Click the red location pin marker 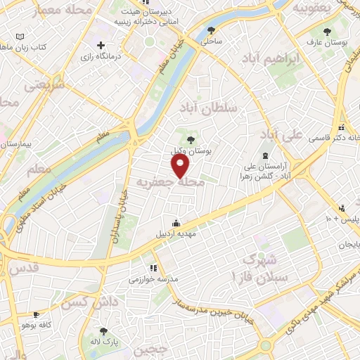pos(181,165)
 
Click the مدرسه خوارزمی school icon pos(153,268)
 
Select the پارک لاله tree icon pos(104,331)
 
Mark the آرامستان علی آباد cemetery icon pos(265,155)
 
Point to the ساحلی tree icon pos(212,30)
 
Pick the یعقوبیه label pos(311,8)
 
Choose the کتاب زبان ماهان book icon pos(20,37)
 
